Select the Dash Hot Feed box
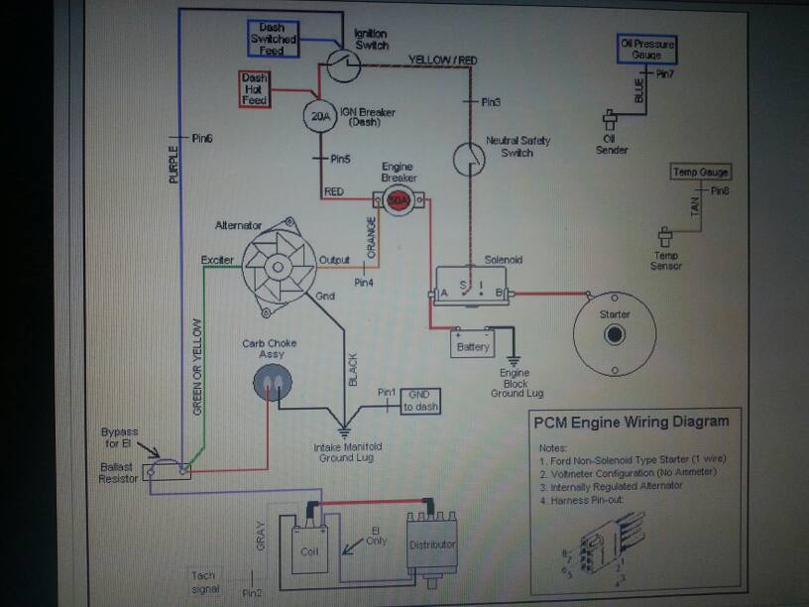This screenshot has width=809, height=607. (254, 88)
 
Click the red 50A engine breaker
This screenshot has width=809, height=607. (399, 198)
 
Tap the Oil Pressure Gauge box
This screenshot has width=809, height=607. (646, 50)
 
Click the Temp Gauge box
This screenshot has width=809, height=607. (701, 173)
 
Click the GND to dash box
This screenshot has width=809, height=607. (419, 400)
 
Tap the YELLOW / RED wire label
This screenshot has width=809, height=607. (443, 61)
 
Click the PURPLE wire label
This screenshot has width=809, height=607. (174, 166)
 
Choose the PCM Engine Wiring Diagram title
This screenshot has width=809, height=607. (632, 422)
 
